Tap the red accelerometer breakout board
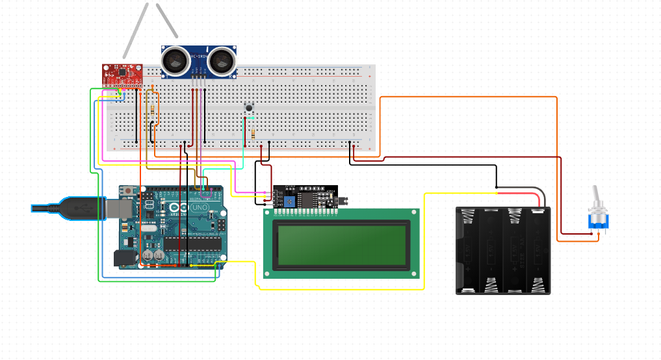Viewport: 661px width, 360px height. tap(121, 74)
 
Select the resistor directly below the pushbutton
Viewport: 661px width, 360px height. tap(253, 134)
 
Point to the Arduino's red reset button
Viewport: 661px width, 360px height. tap(129, 190)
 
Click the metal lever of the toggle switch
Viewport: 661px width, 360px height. tap(595, 198)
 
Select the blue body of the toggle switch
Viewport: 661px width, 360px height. tap(598, 222)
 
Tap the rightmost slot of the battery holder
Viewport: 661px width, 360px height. tap(539, 250)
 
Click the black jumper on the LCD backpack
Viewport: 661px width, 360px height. tap(333, 193)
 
